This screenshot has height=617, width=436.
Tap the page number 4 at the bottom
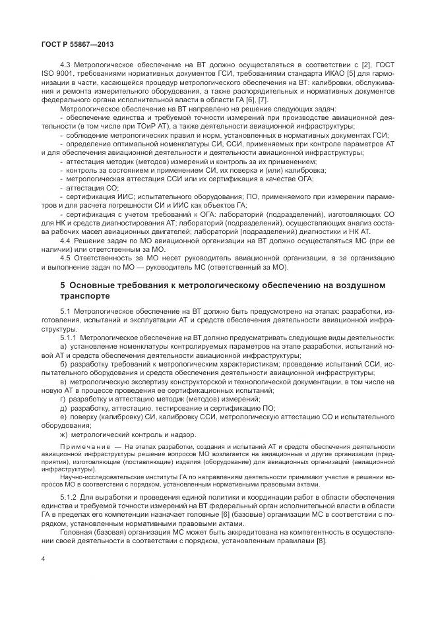[43, 558]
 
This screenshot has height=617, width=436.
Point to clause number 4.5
[65, 242]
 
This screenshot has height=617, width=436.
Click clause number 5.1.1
[69, 337]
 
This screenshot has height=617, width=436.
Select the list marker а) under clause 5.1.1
[63, 345]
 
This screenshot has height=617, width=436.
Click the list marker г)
[63, 399]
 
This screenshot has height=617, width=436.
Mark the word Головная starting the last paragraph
[75, 527]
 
